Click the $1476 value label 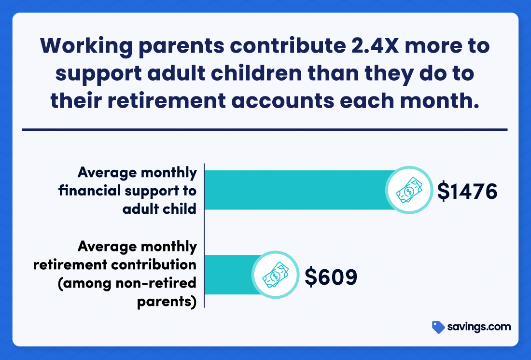click(467, 192)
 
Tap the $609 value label click(331, 277)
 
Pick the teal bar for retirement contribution click(229, 275)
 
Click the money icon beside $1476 click(409, 190)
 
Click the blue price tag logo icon click(438, 327)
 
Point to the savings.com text click(479, 327)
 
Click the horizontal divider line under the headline click(265, 129)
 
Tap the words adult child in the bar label click(159, 209)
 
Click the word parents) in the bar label click(167, 302)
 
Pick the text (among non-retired click(127, 284)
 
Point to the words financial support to click(127, 191)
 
